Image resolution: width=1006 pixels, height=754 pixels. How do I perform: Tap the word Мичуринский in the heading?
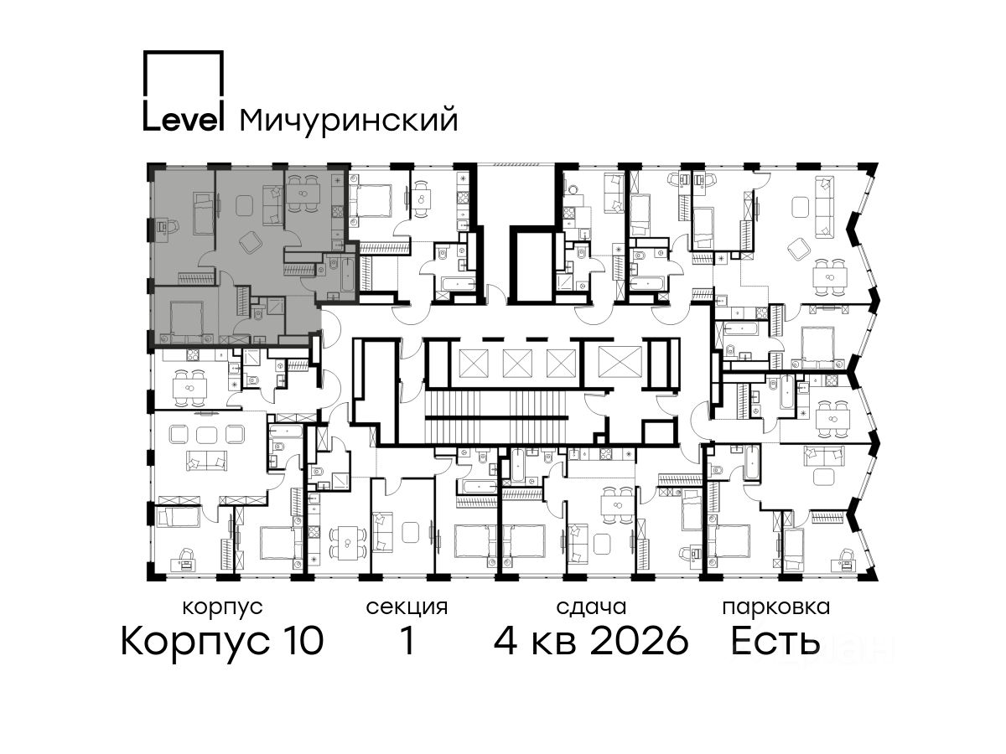pyautogui.click(x=349, y=119)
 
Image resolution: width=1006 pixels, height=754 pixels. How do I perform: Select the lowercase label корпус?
pyautogui.click(x=222, y=608)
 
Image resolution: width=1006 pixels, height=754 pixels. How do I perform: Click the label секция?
pyautogui.click(x=407, y=608)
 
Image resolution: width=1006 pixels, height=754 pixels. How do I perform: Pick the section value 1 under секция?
pyautogui.click(x=407, y=641)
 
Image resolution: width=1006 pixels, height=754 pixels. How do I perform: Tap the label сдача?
pyautogui.click(x=591, y=608)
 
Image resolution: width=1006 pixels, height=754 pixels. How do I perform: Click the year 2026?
pyautogui.click(x=639, y=641)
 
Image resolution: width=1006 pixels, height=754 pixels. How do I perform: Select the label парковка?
pyautogui.click(x=776, y=608)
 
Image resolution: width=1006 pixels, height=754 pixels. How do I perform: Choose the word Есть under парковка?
pyautogui.click(x=775, y=641)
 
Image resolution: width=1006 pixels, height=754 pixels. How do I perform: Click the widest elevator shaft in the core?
pyautogui.click(x=620, y=360)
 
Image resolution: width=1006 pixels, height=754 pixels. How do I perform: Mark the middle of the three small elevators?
pyautogui.click(x=517, y=363)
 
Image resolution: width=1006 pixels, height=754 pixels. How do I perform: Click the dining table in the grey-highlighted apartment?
pyautogui.click(x=303, y=194)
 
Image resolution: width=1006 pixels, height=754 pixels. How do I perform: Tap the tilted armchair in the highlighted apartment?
pyautogui.click(x=250, y=241)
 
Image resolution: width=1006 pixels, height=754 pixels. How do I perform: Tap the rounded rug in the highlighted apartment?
pyautogui.click(x=245, y=205)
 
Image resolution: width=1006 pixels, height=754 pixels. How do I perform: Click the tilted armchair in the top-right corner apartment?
pyautogui.click(x=800, y=249)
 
